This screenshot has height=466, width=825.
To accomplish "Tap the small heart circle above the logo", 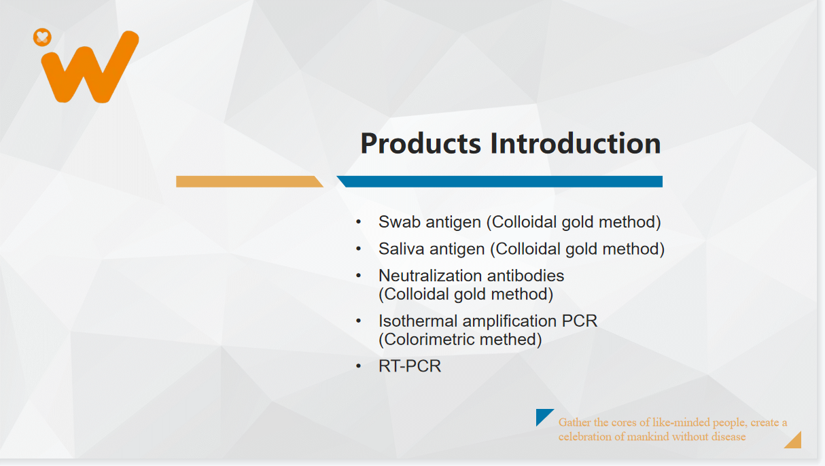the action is pos(42,37).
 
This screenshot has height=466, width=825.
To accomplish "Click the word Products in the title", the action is pos(421,143).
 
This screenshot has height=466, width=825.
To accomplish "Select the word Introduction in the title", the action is pos(576,143).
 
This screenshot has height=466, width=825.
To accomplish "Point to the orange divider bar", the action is pos(249,181).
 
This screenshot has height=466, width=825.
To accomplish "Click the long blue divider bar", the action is pos(499,181).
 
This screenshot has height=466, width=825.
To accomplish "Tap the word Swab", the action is pos(400,222).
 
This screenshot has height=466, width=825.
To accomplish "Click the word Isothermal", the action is pos(418,321).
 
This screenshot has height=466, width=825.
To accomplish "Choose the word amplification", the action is pos(510,322).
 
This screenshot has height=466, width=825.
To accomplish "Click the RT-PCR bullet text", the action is pos(410,366).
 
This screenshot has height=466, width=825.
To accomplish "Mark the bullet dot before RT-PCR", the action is pos(359,366).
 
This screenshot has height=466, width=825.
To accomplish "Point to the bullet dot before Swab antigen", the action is pos(359,222).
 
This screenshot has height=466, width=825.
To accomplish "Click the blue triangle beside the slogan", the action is pos(542,415).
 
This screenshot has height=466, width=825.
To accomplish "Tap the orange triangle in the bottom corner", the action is pos(796,442).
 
